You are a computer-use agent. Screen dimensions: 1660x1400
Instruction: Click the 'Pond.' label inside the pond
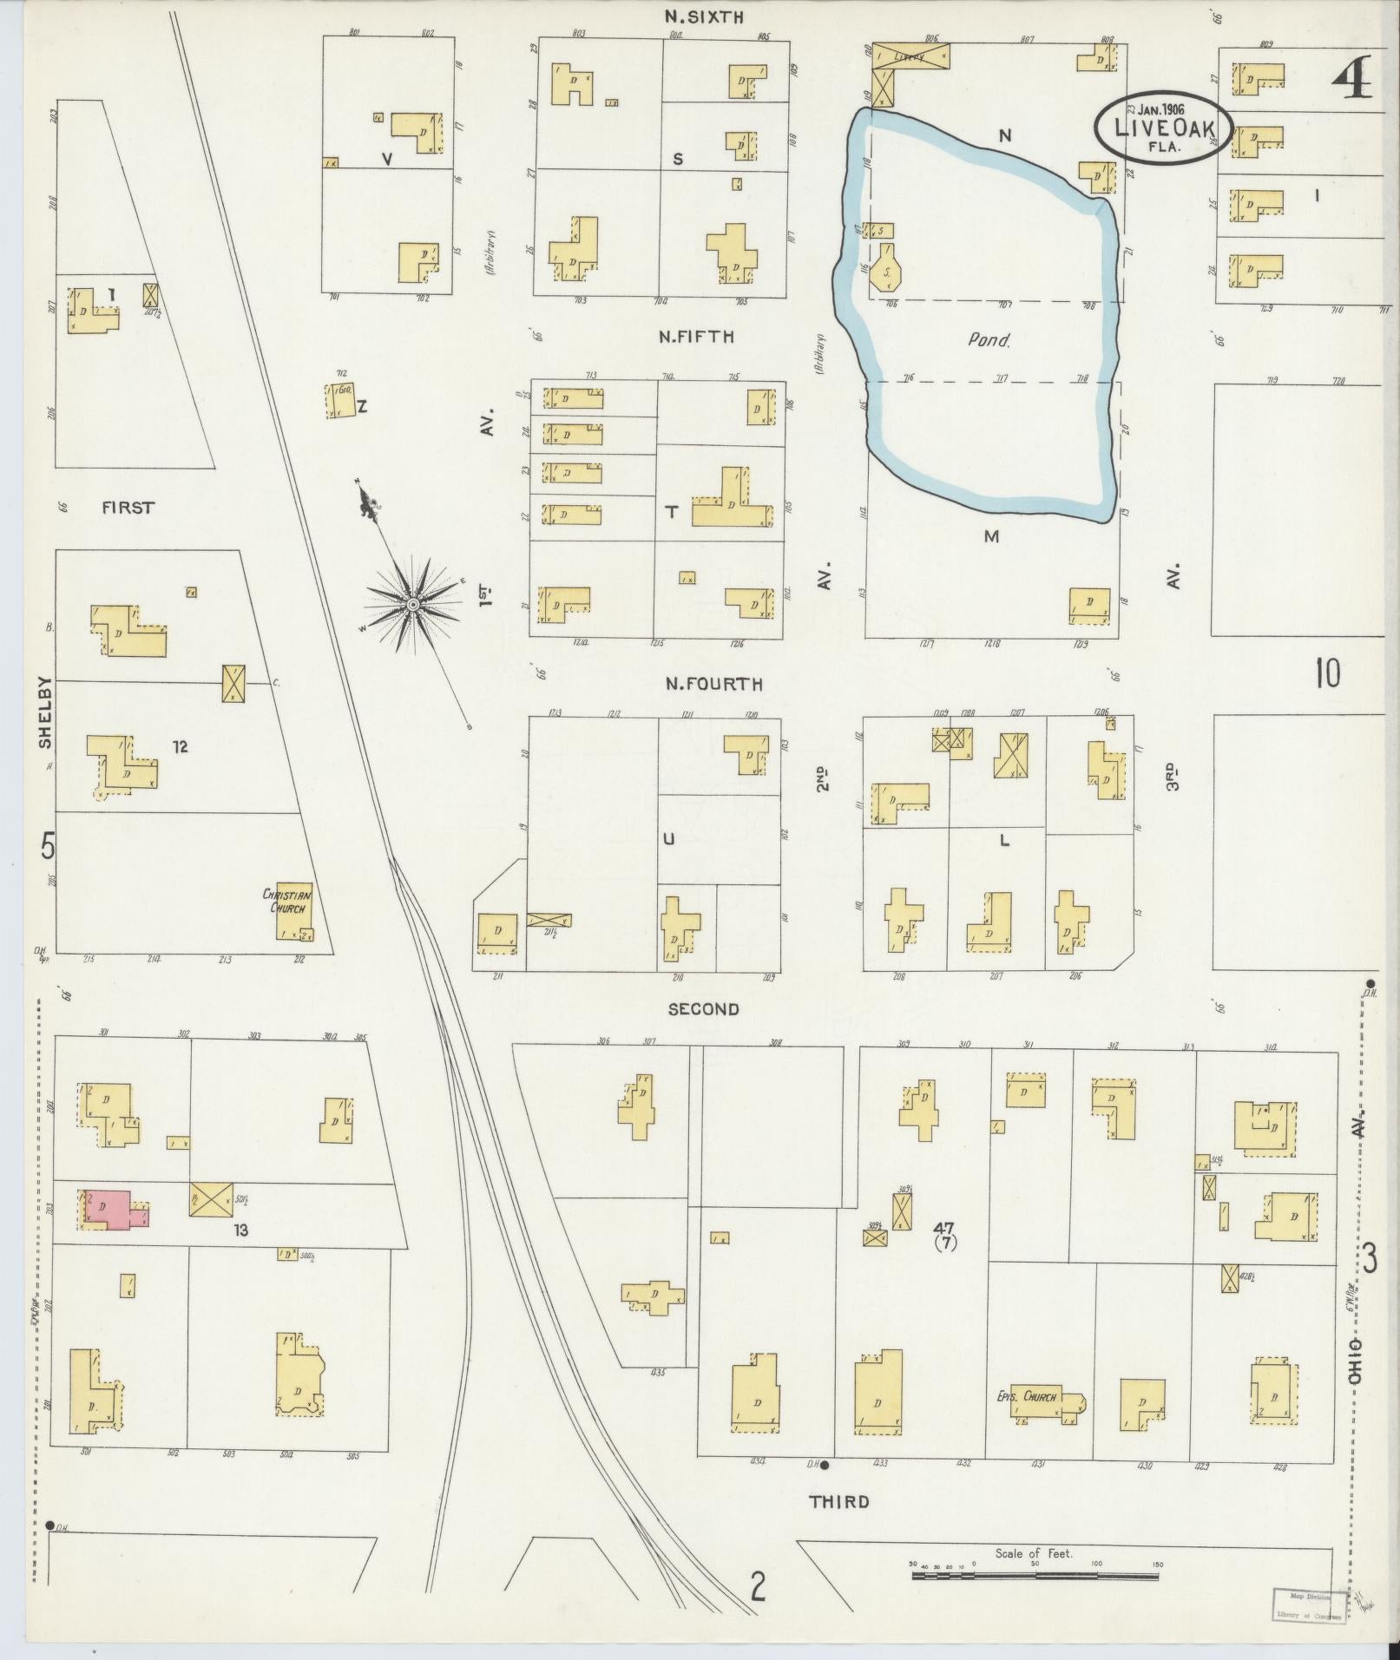tap(989, 340)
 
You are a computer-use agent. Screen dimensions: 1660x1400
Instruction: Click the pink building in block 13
tap(113, 1209)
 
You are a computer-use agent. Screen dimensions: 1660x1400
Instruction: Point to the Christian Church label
tap(287, 901)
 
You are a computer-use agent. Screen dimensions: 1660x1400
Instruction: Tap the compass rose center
tap(413, 602)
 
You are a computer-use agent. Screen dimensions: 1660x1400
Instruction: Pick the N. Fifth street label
tap(696, 337)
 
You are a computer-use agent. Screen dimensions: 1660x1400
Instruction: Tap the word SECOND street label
tap(704, 1009)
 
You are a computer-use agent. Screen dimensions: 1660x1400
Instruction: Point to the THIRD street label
tap(838, 1502)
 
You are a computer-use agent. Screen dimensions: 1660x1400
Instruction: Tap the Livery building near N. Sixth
tap(910, 56)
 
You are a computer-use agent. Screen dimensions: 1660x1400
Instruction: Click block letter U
tap(668, 838)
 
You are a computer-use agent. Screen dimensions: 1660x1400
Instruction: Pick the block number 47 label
tap(943, 1228)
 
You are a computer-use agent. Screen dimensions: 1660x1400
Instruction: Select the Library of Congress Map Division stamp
tap(1309, 1605)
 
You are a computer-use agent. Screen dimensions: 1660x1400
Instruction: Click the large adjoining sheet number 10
tap(1327, 674)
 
